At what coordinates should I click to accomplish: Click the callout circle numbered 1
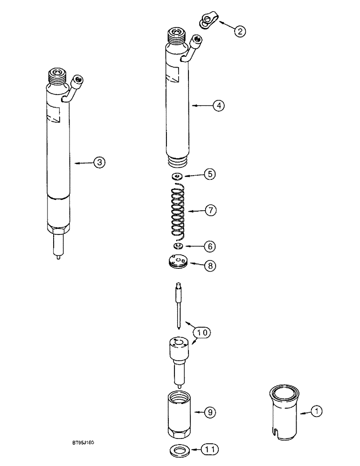point(317,411)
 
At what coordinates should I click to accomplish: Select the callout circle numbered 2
point(240,31)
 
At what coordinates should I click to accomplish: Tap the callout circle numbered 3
point(100,162)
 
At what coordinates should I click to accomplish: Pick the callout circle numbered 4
point(218,106)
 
